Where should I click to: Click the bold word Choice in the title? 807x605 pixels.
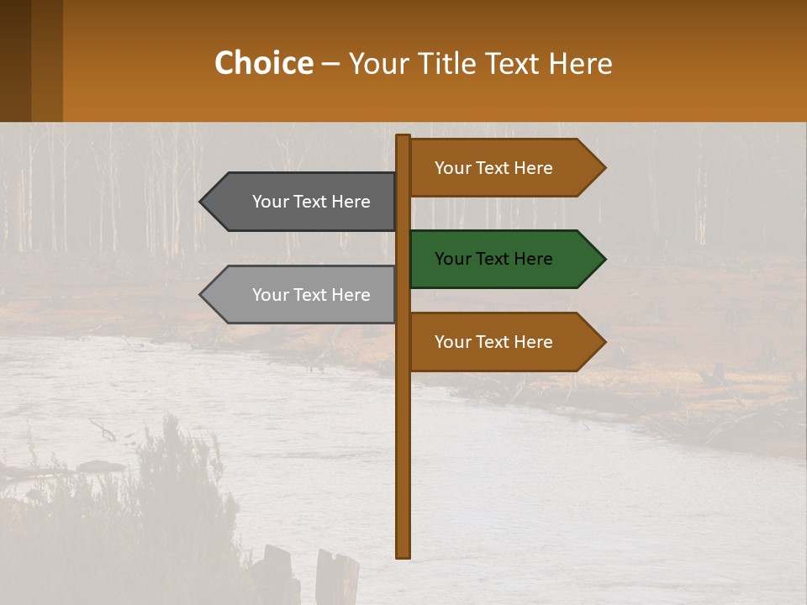pos(263,63)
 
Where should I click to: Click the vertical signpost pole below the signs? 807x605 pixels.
pos(403,462)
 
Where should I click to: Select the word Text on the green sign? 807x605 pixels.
pos(493,259)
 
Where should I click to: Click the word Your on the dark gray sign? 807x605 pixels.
pos(270,202)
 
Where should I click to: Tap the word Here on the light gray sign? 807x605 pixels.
pos(351,295)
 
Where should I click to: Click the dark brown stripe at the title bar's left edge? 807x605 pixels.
pos(15,60)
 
